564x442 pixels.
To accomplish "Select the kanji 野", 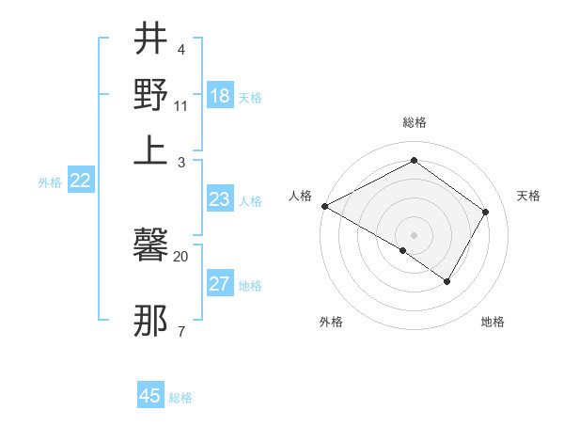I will click(x=150, y=94).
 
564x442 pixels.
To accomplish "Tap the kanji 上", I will click(x=150, y=150).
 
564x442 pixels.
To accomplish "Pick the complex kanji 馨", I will click(x=150, y=247).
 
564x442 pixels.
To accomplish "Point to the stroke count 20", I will click(x=180, y=256).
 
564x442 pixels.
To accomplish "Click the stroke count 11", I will click(x=181, y=105).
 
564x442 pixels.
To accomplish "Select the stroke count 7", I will click(x=180, y=331).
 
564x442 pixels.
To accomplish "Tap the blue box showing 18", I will click(x=219, y=96).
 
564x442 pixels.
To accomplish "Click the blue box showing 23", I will click(x=219, y=199).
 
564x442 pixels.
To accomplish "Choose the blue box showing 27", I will click(x=219, y=285).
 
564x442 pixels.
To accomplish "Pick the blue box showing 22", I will click(x=80, y=182).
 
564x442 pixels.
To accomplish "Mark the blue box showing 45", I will click(x=150, y=396).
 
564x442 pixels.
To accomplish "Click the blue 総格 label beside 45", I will click(x=180, y=398).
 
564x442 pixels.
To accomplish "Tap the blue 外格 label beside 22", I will click(x=50, y=182).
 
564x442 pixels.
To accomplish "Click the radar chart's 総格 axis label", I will click(x=414, y=122).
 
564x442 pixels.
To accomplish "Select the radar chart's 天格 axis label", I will click(x=528, y=196).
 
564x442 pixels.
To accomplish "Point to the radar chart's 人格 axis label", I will click(x=300, y=196).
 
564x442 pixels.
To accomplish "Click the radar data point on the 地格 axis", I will click(x=447, y=281).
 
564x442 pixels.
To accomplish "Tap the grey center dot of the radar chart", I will click(x=414, y=234).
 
